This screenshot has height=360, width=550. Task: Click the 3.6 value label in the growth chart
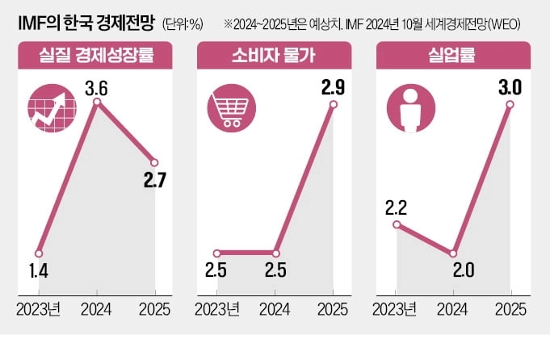pyautogui.click(x=97, y=84)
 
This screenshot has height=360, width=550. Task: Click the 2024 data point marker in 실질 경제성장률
pyautogui.click(x=97, y=102)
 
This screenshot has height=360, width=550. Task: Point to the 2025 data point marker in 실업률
pyautogui.click(x=510, y=107)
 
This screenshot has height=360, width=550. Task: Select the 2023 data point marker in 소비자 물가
pyautogui.click(x=217, y=253)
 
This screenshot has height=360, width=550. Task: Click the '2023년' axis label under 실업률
pyautogui.click(x=394, y=310)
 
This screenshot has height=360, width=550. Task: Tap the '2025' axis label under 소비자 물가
pyautogui.click(x=332, y=310)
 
